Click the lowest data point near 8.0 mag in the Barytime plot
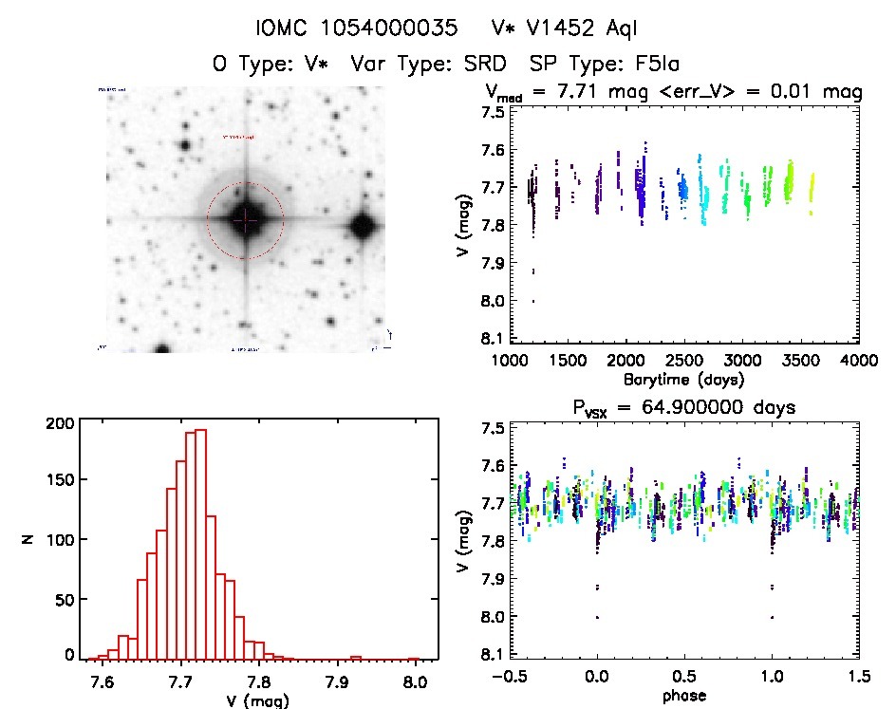[x=532, y=301]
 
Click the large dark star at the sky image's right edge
[x=362, y=226]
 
